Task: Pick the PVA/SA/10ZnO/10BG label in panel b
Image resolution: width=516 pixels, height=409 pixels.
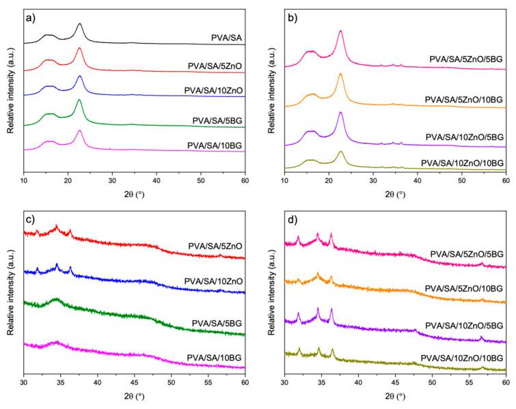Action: tap(463, 163)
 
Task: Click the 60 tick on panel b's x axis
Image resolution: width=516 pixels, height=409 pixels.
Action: tap(505, 182)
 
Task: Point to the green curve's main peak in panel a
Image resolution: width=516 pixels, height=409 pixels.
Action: tap(79, 100)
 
